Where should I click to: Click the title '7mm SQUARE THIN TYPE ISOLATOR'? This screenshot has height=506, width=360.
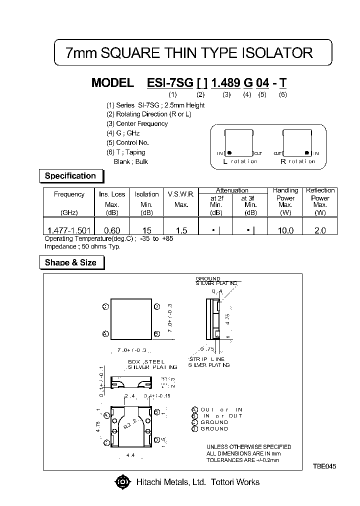(x=189, y=53)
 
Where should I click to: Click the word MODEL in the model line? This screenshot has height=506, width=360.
(x=112, y=83)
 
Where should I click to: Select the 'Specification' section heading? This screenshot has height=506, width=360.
(x=70, y=176)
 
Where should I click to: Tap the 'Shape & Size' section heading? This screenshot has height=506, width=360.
(x=70, y=262)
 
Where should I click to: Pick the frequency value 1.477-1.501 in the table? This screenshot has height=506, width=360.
(x=69, y=230)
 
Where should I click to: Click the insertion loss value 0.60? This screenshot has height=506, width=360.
(x=111, y=230)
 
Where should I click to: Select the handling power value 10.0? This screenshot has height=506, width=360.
(x=285, y=230)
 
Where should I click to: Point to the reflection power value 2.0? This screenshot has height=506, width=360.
(x=320, y=230)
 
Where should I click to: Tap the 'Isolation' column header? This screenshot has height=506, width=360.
(x=147, y=194)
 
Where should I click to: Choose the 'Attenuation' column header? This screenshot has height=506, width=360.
(x=232, y=190)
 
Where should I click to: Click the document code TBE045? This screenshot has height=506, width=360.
(x=325, y=466)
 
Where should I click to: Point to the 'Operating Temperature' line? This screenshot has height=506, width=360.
(x=109, y=238)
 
